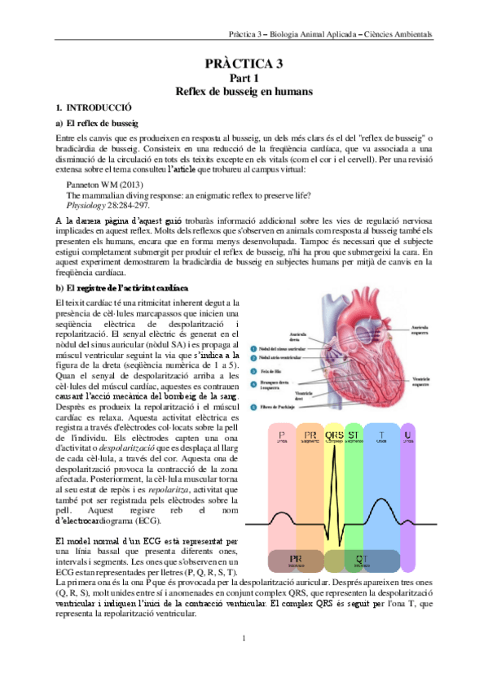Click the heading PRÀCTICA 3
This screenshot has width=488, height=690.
point(244,63)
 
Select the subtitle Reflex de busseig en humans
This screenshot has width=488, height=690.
point(244,92)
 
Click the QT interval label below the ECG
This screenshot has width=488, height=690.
point(360,558)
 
